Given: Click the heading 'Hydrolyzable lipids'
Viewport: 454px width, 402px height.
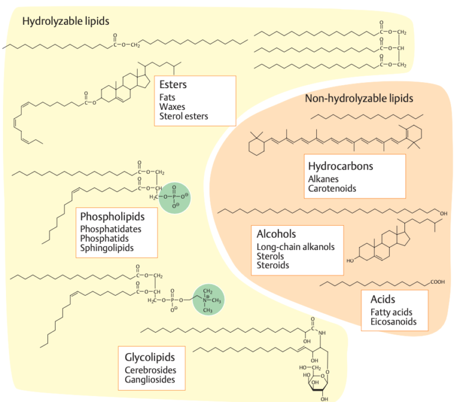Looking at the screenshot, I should (66, 22).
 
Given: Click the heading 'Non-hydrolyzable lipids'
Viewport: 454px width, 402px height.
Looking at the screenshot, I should (359, 98).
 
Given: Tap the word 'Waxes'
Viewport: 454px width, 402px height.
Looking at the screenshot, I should (172, 107).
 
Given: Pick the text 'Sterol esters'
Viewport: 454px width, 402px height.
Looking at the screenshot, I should (184, 116).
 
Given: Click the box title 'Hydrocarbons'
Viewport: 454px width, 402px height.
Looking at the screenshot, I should (340, 166).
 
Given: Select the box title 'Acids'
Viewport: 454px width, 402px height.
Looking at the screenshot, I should (382, 300).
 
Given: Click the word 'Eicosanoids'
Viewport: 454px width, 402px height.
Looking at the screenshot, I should (393, 322).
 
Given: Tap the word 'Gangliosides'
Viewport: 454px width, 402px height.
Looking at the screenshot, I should (150, 380).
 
